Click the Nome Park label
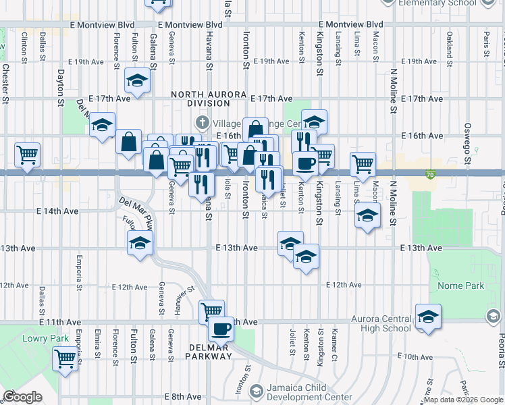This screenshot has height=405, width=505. point(460,286)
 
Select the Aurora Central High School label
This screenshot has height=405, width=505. point(381,323)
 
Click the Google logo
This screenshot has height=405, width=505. point(23,397)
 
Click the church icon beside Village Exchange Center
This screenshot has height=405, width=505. point(201,122)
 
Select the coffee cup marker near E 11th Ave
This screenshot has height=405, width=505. point(220,329)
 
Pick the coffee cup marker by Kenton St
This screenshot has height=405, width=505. point(304,163)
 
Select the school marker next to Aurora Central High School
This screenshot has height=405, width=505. point(428,316)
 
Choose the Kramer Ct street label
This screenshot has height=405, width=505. point(335,344)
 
